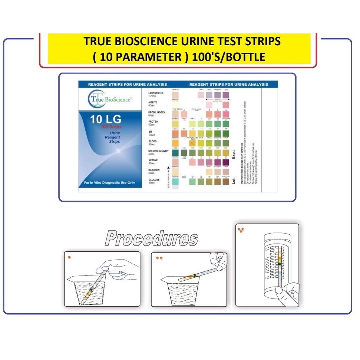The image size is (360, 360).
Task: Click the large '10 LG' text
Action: pyautogui.click(x=106, y=120)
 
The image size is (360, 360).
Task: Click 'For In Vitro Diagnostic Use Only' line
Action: pyautogui.click(x=110, y=183)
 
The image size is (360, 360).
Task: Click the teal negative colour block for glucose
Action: pyautogui.click(x=176, y=181)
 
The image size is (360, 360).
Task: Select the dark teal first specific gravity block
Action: pyautogui.click(x=176, y=152)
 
